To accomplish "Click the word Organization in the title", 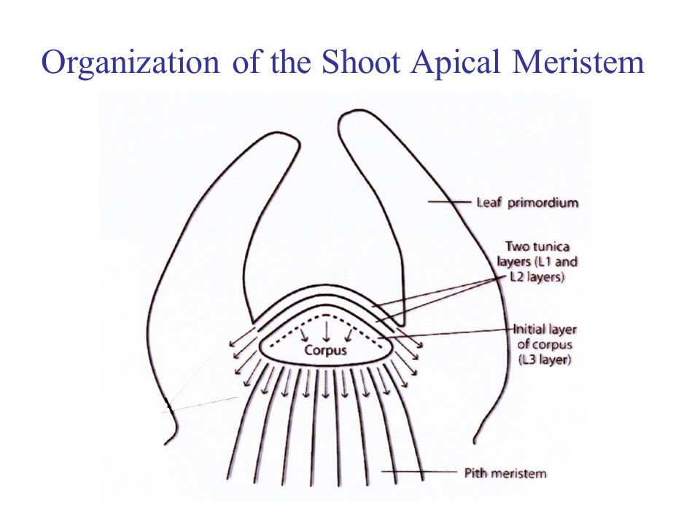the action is click(x=131, y=63).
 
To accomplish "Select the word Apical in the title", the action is click(x=455, y=63).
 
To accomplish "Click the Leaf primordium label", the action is click(x=527, y=203).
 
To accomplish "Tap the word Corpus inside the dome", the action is click(x=325, y=350).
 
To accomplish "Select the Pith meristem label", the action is click(x=505, y=473).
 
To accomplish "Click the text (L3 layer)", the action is click(x=545, y=359).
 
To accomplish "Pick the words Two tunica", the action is click(x=537, y=246).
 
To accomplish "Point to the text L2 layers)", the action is click(x=537, y=277).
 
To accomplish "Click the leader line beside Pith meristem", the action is click(x=419, y=472).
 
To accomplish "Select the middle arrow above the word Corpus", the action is click(x=327, y=331).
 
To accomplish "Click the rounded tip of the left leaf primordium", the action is click(x=279, y=134).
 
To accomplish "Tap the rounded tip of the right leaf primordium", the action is click(x=355, y=112).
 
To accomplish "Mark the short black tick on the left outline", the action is click(x=168, y=405).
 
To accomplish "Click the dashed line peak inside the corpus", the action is click(x=327, y=315).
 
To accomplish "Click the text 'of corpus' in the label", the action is click(x=545, y=345).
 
